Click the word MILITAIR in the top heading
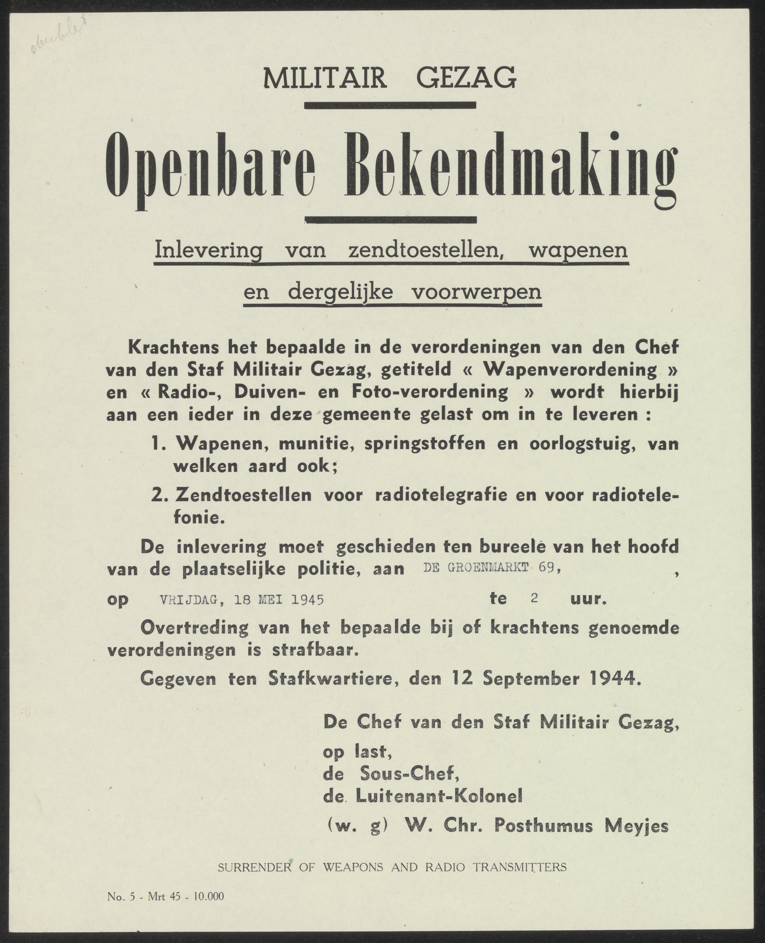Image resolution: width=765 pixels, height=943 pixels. coord(325,78)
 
